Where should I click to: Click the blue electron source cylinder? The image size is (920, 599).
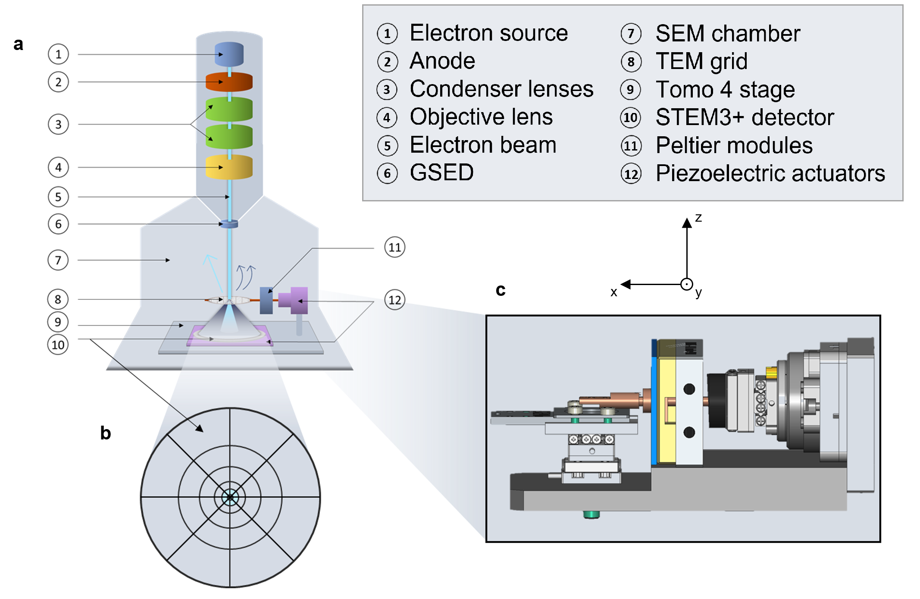point(229,54)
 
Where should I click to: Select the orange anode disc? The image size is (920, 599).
point(229,82)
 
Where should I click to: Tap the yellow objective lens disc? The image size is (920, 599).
point(229,167)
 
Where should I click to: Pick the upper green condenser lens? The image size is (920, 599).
point(229,109)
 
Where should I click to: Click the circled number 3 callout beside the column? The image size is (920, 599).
point(58,125)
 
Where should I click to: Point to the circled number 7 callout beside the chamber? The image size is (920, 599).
point(58,260)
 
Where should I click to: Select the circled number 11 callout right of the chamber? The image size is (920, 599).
point(394,248)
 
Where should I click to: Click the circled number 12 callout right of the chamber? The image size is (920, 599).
point(394,300)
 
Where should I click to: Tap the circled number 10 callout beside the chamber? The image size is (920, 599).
point(58,345)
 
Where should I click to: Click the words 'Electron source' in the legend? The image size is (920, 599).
point(488,33)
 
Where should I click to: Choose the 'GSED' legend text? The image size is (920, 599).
point(441,173)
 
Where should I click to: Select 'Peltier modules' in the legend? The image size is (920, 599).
point(734,145)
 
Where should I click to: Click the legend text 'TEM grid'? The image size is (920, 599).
point(701,61)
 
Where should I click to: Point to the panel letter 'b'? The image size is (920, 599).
point(106,433)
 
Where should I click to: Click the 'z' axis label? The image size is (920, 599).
point(698,218)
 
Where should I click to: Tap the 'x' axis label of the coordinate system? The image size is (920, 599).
point(614,292)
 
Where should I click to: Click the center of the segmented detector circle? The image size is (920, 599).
point(230,497)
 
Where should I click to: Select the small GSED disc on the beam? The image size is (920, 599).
point(229,224)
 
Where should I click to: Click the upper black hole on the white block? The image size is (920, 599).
point(689,389)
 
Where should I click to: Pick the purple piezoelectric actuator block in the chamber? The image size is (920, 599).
point(295,300)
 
